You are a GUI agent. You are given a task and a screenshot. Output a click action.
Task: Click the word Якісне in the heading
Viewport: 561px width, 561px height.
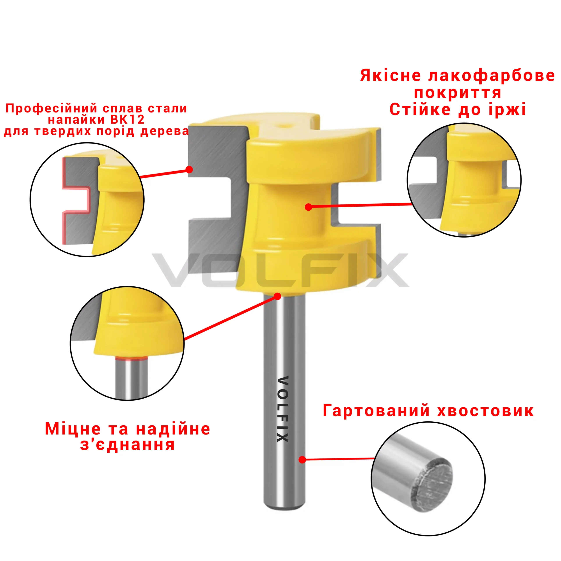coord(391,76)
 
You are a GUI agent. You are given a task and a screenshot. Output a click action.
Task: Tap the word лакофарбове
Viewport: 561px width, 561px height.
coord(492,76)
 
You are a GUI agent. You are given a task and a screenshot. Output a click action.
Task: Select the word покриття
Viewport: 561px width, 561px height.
coord(458,93)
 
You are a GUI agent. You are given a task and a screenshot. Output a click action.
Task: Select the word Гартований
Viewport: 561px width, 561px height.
coord(376,411)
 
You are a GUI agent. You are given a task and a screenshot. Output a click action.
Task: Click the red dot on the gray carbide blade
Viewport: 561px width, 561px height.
coord(189,169)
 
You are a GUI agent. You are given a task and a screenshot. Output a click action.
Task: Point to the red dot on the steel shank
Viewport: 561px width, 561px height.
coord(302,460)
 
